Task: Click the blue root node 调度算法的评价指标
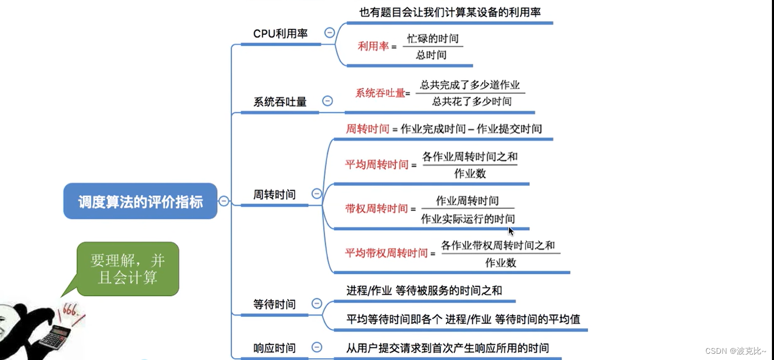tap(140, 201)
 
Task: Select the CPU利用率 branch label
tap(280, 33)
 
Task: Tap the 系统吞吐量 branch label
tap(279, 102)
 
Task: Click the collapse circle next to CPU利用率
tap(329, 32)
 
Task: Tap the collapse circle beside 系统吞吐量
tap(327, 101)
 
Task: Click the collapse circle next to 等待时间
tap(316, 303)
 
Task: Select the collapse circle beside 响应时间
tap(316, 347)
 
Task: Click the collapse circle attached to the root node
tap(224, 201)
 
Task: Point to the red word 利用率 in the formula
tap(373, 46)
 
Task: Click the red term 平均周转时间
tap(377, 165)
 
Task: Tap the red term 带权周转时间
tap(377, 208)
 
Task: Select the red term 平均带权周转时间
tap(386, 253)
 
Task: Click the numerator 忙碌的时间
tap(433, 39)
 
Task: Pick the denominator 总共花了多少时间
tap(472, 101)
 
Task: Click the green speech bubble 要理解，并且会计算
tap(127, 269)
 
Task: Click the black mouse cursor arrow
tap(511, 231)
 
